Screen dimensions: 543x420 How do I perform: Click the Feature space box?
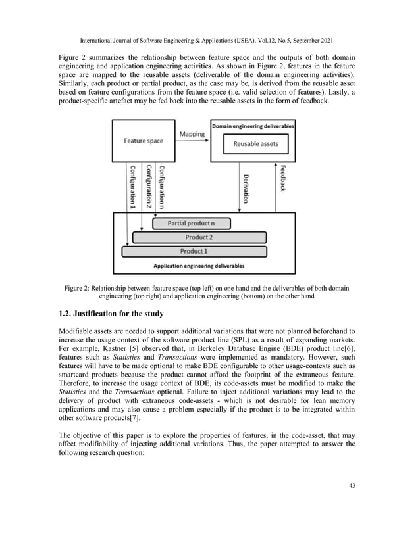(x=144, y=141)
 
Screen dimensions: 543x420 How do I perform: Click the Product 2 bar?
(x=197, y=237)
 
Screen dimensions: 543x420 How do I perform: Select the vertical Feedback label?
(x=282, y=177)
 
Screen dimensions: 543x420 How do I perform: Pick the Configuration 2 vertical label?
(x=147, y=186)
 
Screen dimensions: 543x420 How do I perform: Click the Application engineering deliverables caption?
(x=198, y=266)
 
